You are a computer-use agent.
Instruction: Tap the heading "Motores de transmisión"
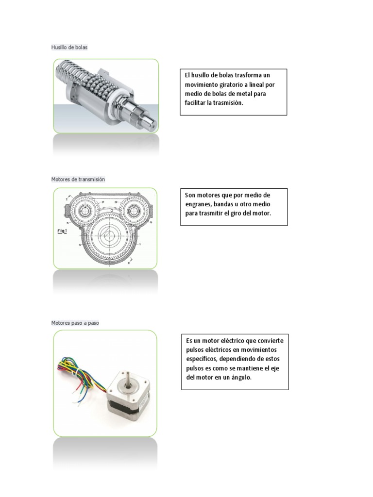[78, 179]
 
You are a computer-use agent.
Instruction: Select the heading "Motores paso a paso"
[75, 323]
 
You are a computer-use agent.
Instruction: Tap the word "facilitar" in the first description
[195, 103]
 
